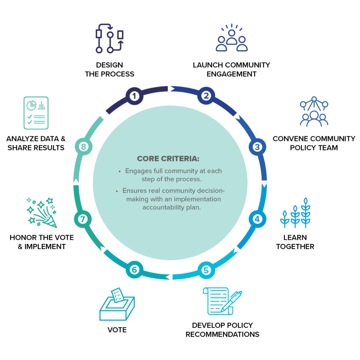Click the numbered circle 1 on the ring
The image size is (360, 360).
point(134,96)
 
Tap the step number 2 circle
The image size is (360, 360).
point(206,96)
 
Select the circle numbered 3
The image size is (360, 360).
point(257,147)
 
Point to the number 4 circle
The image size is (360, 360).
point(257,219)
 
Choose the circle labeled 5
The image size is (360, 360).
point(206,270)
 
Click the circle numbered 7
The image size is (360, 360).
point(83,219)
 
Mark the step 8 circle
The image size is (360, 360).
point(83,147)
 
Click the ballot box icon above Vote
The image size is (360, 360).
point(117,304)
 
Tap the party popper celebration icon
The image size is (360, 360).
point(41,212)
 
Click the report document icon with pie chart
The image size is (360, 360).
point(36,112)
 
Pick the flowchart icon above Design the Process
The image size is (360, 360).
point(110,38)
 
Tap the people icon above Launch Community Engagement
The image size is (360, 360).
point(231,38)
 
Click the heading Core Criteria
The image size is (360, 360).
point(168,159)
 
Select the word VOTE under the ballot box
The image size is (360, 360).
point(117,330)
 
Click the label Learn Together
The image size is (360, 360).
point(295,242)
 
